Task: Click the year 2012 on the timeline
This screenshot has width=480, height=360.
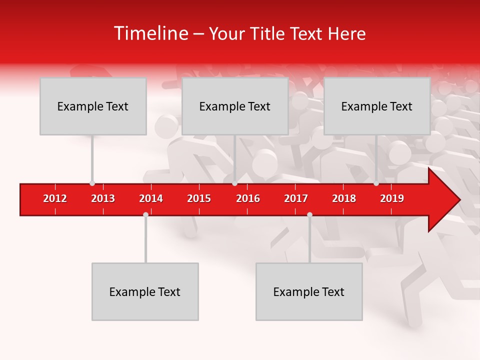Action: pos(55,198)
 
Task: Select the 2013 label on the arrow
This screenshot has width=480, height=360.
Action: pos(103,198)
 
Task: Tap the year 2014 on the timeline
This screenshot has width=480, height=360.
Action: pos(151,198)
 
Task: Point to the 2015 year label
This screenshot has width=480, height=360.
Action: pos(199,198)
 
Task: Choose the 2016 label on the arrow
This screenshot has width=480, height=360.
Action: pos(248,198)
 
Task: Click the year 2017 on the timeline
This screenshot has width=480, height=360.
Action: pos(296,198)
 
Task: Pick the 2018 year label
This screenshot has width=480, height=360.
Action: pos(344,198)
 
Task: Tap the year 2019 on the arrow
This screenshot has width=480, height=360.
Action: pos(392,198)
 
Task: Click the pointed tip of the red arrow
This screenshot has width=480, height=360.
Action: pos(458,200)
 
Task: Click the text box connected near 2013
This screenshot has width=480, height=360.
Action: pos(93,106)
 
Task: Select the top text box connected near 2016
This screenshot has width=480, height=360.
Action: pos(235,106)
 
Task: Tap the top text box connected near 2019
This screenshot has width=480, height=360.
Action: pos(377,106)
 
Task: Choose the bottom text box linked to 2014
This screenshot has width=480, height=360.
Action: pos(145,291)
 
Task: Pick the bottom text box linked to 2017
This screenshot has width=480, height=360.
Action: pos(309,291)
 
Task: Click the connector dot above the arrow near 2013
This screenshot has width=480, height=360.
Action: pos(92,183)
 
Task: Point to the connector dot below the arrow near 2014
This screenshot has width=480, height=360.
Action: pos(145,214)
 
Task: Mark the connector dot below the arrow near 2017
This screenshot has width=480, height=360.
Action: pos(309,214)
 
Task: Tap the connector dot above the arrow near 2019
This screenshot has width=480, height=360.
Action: pos(376,183)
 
